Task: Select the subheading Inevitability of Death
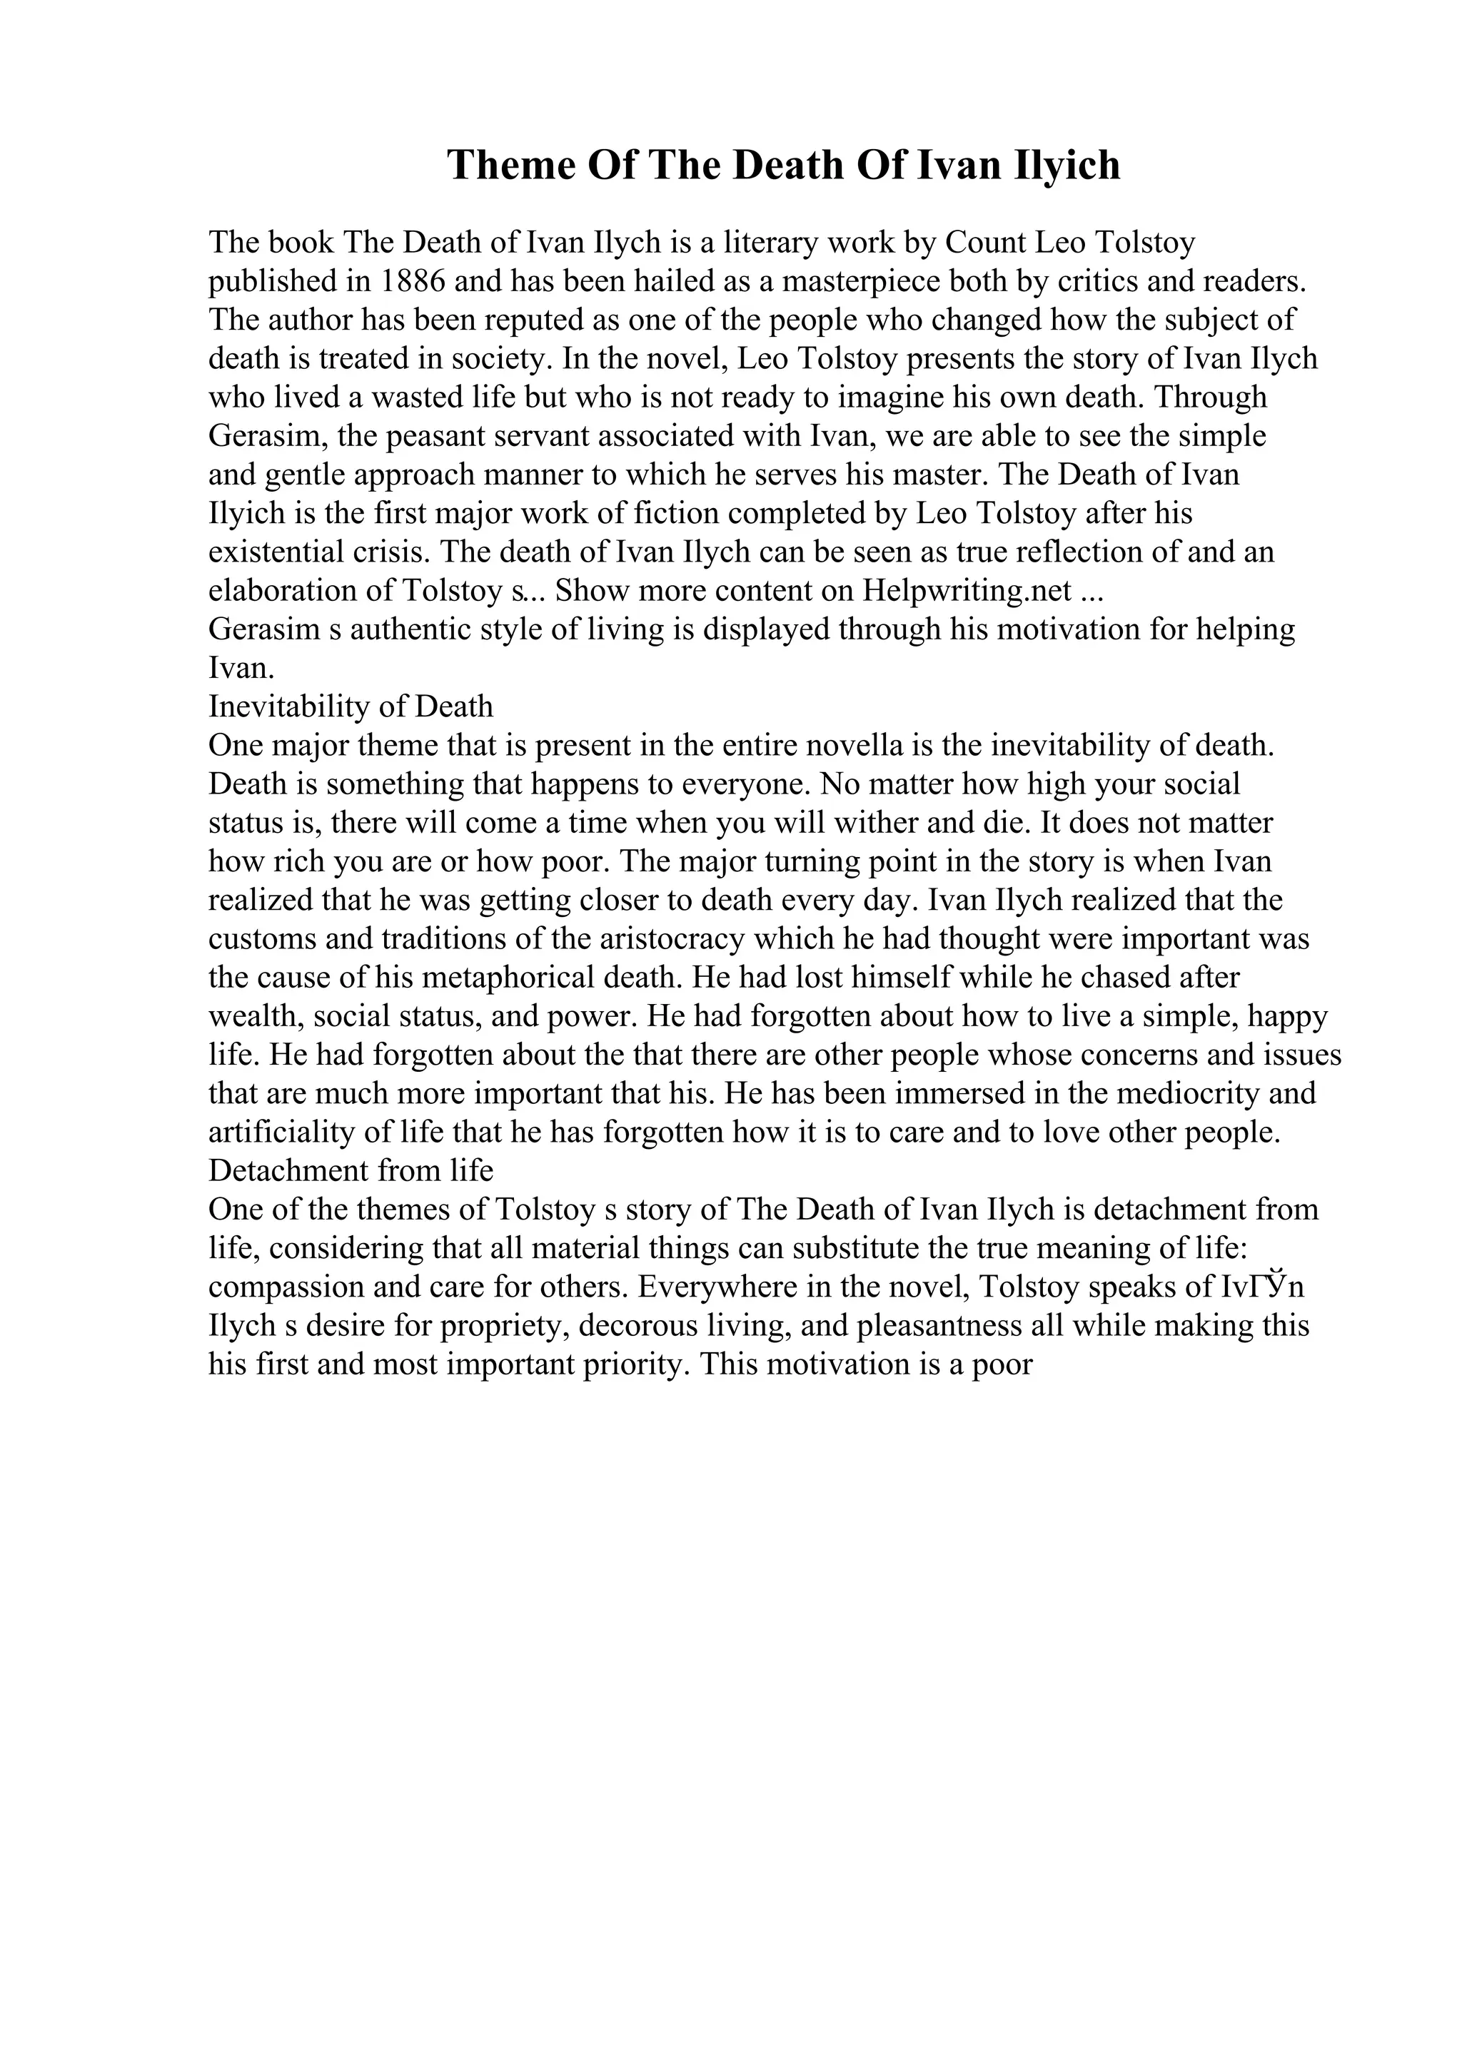[351, 707]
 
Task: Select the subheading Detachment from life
[351, 1172]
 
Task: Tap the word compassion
[286, 1288]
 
